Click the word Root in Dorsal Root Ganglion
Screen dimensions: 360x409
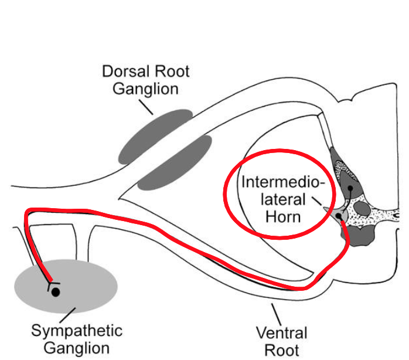pyautogui.click(x=171, y=72)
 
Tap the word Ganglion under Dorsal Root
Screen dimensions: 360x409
pyautogui.click(x=145, y=90)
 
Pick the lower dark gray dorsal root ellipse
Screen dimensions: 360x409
pyautogui.click(x=175, y=162)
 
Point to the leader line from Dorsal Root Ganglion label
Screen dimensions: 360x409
pyautogui.click(x=145, y=106)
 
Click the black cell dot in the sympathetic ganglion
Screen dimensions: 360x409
pyautogui.click(x=55, y=291)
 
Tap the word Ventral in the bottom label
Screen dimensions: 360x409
pyautogui.click(x=281, y=334)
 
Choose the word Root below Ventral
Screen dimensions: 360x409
pyautogui.click(x=281, y=351)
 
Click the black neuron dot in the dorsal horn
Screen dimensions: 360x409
pyautogui.click(x=350, y=189)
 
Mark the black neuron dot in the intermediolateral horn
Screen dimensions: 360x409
pyautogui.click(x=338, y=216)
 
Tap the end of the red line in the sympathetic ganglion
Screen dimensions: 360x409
pyautogui.click(x=52, y=281)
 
